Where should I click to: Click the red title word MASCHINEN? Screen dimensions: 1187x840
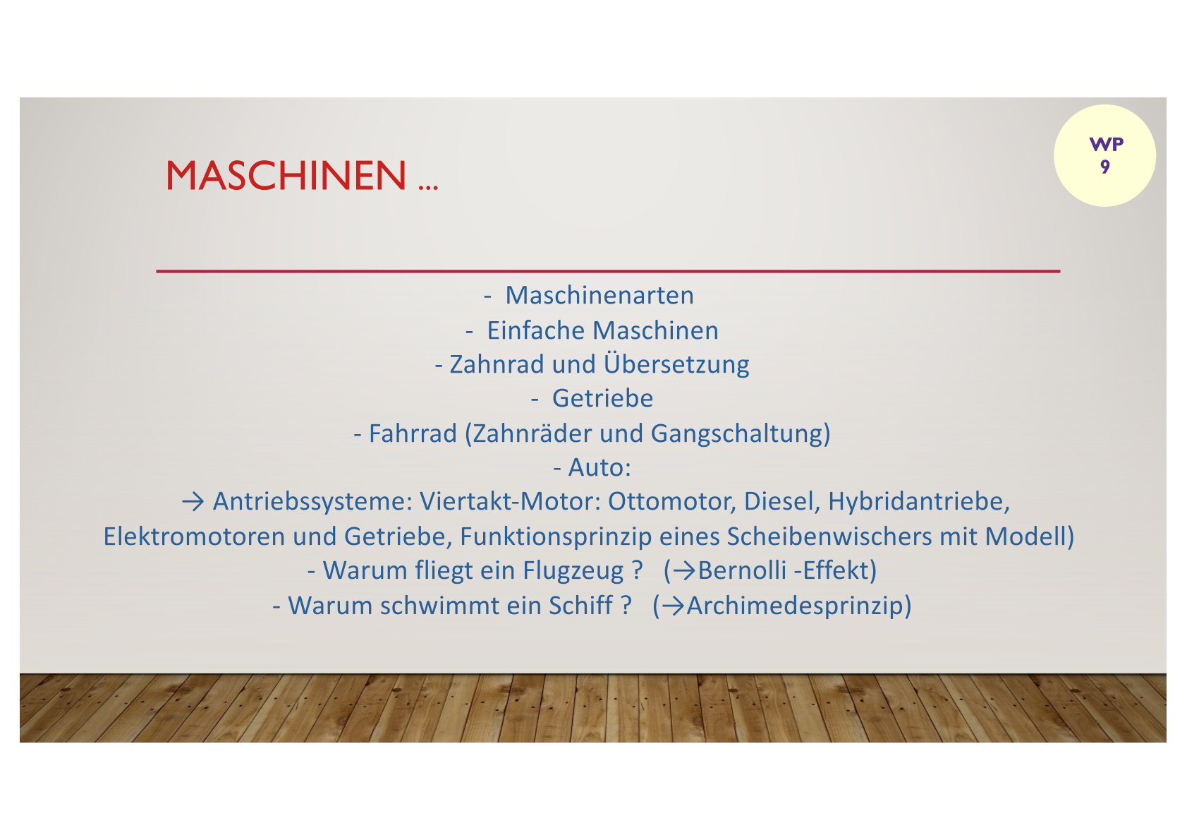tap(286, 176)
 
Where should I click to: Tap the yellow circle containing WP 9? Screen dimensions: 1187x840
tap(1104, 155)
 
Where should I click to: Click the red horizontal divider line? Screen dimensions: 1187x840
tap(608, 272)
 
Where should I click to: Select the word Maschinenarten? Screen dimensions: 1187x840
tap(599, 295)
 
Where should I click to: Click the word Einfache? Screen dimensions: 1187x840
tap(536, 330)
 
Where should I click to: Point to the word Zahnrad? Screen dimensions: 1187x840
tap(497, 364)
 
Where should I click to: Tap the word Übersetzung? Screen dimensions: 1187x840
tap(676, 364)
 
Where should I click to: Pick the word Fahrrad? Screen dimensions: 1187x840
tap(413, 433)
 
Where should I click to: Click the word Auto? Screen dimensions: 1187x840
tap(596, 468)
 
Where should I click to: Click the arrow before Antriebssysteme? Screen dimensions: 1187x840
tap(193, 502)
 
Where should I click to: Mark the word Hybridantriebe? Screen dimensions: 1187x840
tap(919, 502)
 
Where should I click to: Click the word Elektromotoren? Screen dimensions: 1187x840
tap(195, 536)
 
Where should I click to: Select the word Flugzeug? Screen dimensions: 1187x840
tap(573, 572)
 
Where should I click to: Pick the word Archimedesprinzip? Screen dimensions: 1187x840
tap(794, 606)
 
